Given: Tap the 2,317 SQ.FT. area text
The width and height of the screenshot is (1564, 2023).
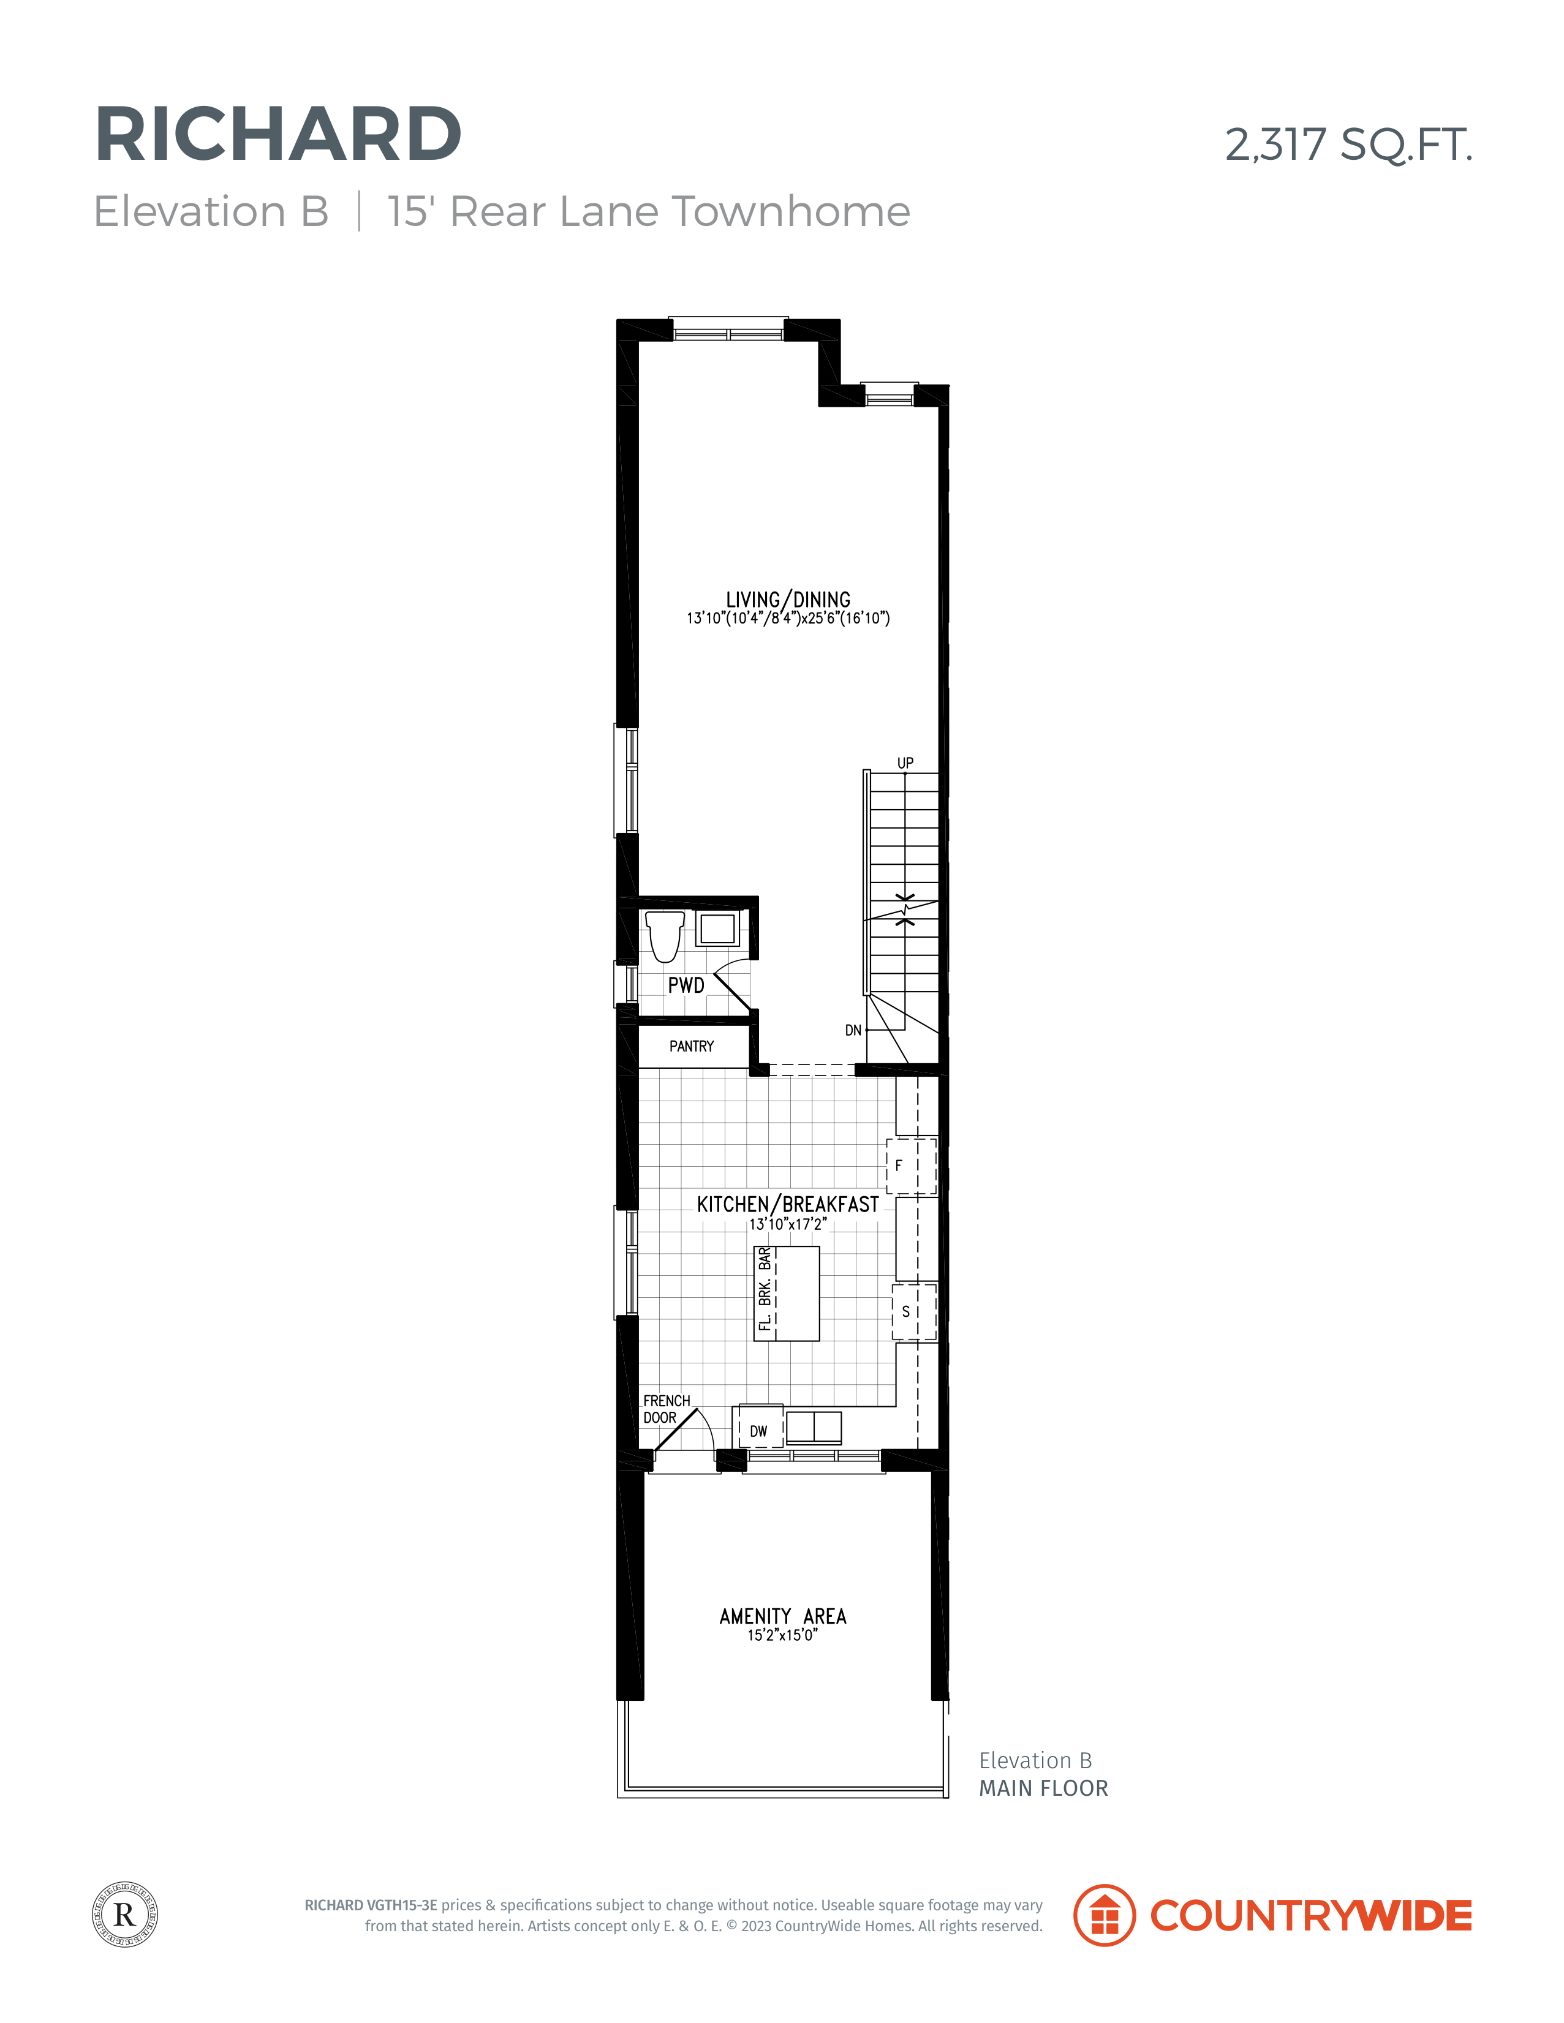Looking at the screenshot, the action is pyautogui.click(x=1348, y=145).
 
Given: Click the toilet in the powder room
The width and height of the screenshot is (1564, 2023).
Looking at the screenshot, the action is pyautogui.click(x=664, y=936).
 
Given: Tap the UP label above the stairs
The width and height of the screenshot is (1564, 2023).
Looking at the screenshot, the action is pyautogui.click(x=905, y=763).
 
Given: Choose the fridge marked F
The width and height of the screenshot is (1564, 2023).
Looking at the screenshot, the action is pyautogui.click(x=912, y=1166).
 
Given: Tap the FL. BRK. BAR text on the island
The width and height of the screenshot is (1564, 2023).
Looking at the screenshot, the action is pyautogui.click(x=765, y=1289).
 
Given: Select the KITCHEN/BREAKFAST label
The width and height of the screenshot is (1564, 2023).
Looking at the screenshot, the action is pyautogui.click(x=788, y=1204).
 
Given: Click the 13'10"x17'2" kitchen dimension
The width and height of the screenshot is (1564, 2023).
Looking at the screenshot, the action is pyautogui.click(x=788, y=1224).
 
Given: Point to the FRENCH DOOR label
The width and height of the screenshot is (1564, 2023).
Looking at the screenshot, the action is pyautogui.click(x=666, y=1409).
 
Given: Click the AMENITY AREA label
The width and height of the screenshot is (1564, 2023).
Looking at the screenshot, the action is pyautogui.click(x=783, y=1616).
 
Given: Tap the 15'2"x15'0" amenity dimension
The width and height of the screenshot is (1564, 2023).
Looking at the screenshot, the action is pyautogui.click(x=783, y=1636).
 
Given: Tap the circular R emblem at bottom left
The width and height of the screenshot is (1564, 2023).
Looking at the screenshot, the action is pyautogui.click(x=125, y=1915).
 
